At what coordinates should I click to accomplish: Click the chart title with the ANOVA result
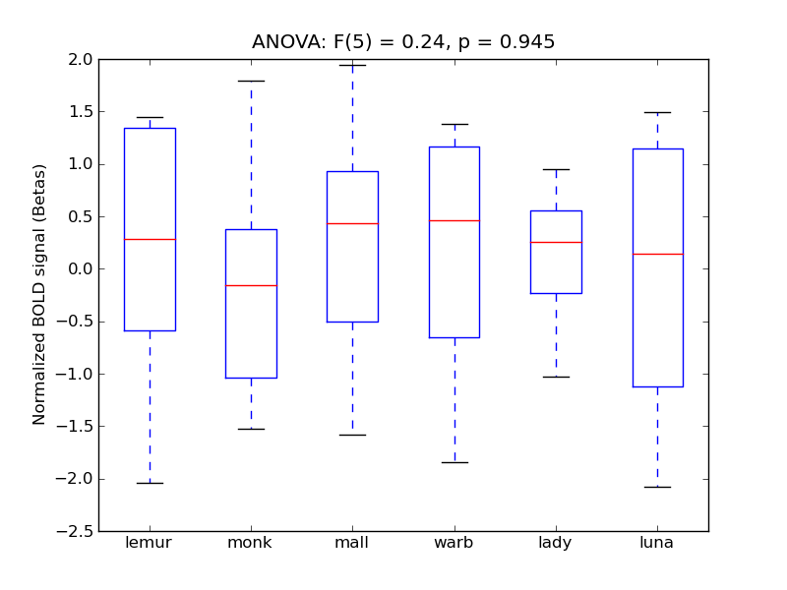point(403,42)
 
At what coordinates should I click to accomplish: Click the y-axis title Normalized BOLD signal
point(39,295)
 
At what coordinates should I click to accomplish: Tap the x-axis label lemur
point(150,543)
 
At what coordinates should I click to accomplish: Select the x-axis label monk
point(251,543)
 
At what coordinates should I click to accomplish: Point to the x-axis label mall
point(352,543)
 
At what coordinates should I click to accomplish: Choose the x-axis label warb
point(454,543)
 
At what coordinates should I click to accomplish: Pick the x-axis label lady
point(556,543)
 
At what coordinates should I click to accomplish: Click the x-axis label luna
point(657,543)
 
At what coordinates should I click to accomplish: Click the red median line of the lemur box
point(150,239)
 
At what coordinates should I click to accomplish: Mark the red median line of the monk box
point(251,285)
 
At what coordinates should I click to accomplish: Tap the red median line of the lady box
point(556,242)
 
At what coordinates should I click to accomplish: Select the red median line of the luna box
point(657,254)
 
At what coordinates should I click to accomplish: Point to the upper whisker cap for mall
point(352,65)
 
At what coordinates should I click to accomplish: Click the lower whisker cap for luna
point(657,487)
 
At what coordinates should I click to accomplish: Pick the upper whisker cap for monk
point(251,81)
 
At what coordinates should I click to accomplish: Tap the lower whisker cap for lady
point(556,377)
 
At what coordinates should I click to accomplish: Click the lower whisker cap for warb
point(454,462)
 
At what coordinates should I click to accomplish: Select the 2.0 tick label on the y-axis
point(80,59)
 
